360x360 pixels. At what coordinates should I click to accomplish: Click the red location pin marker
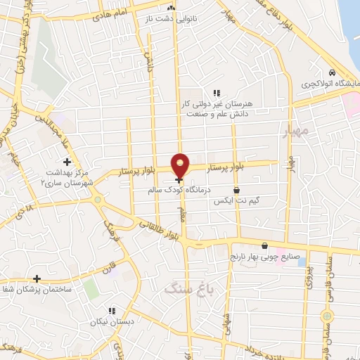[181, 165]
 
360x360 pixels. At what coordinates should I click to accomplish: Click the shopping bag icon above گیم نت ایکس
[236, 189]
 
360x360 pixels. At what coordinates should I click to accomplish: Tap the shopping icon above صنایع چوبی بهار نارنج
[264, 246]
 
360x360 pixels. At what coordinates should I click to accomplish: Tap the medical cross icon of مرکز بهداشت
[67, 162]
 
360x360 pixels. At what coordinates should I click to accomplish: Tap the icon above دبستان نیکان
[110, 310]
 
